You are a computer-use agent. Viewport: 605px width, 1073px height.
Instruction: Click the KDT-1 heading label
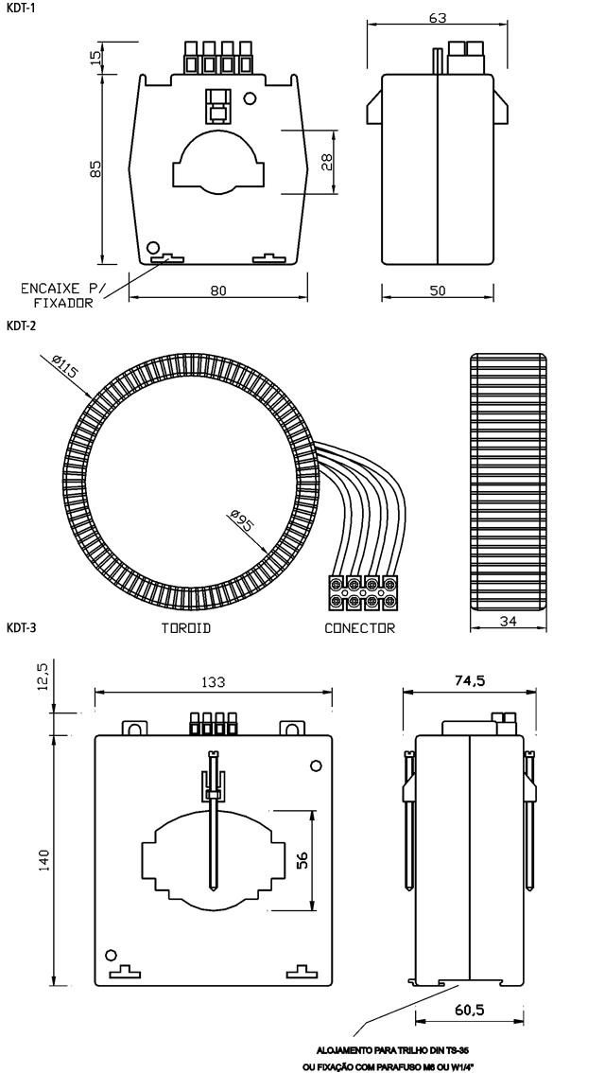pyautogui.click(x=20, y=8)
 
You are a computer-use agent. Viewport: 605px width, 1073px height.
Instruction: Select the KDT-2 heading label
pyautogui.click(x=21, y=327)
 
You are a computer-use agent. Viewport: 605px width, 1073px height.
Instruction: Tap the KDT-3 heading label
pyautogui.click(x=21, y=627)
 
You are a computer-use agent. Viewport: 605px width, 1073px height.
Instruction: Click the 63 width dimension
pyautogui.click(x=437, y=18)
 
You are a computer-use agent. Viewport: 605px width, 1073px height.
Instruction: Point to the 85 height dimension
pyautogui.click(x=95, y=168)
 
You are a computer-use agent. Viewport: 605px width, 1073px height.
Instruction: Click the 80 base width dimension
pyautogui.click(x=218, y=291)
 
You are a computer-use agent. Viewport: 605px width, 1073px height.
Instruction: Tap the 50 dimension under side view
pyautogui.click(x=437, y=291)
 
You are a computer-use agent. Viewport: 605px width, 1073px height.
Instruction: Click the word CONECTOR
pyautogui.click(x=359, y=627)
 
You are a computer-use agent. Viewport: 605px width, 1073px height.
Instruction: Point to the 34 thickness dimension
pyautogui.click(x=508, y=621)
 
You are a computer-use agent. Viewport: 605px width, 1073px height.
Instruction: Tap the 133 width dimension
pyautogui.click(x=213, y=682)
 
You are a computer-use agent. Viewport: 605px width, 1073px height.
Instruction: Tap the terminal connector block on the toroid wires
pyautogui.click(x=362, y=592)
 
